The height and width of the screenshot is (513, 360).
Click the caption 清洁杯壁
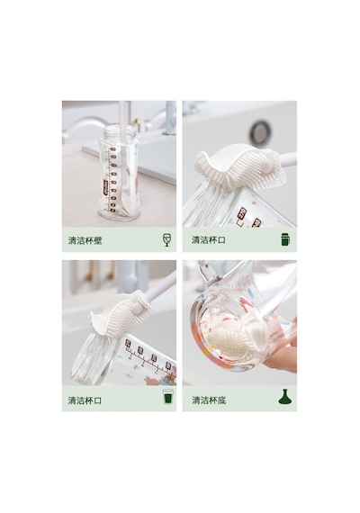pyautogui.click(x=85, y=240)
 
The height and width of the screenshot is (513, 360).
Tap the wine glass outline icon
pyautogui.click(x=166, y=239)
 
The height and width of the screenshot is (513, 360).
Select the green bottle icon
pyautogui.click(x=285, y=239)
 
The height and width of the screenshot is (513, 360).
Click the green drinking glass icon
pyautogui.click(x=168, y=396)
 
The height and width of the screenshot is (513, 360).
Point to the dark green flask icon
pyautogui.click(x=285, y=397)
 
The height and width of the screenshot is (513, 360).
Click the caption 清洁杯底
pyautogui.click(x=209, y=400)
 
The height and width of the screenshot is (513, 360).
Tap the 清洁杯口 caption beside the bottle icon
pyautogui.click(x=209, y=239)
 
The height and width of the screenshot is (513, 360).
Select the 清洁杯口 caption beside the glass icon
pyautogui.click(x=85, y=400)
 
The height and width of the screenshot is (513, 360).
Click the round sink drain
pyautogui.click(x=260, y=133)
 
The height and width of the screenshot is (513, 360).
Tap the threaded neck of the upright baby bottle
pyautogui.click(x=120, y=131)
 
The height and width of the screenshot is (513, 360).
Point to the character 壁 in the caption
pyautogui.click(x=98, y=240)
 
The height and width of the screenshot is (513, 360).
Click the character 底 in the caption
pyautogui.click(x=221, y=400)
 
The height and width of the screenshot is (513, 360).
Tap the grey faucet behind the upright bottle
pyautogui.click(x=170, y=118)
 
